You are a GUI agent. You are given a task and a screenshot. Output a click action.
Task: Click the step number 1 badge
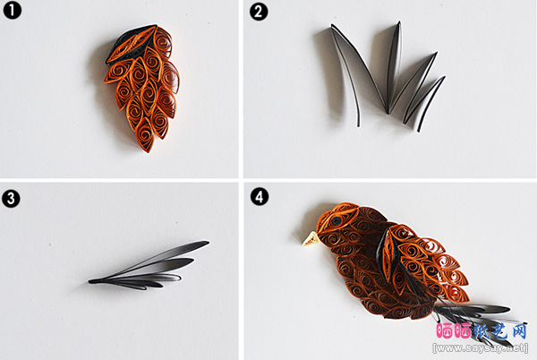(x=12, y=10)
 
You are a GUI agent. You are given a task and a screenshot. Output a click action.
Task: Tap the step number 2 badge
(x=259, y=12)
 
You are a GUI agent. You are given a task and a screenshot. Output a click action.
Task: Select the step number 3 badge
(x=11, y=199)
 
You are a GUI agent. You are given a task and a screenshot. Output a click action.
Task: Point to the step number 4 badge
(x=260, y=197)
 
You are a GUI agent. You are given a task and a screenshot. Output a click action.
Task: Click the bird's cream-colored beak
(x=311, y=239)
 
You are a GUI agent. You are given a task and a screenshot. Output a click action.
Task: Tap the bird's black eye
(x=337, y=221)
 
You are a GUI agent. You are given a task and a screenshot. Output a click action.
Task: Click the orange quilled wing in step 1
(x=142, y=89)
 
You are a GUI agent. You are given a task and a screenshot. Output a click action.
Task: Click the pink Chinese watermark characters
(x=454, y=331)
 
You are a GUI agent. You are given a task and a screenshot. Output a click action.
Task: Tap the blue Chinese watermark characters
(x=500, y=331)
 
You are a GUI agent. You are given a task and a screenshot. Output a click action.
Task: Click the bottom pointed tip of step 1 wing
(x=149, y=152)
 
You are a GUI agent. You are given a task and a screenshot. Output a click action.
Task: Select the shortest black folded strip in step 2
(x=424, y=103)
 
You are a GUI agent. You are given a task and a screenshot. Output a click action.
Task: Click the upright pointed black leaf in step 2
(x=394, y=65)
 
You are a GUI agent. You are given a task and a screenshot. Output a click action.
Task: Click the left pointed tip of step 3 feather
(x=89, y=281)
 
